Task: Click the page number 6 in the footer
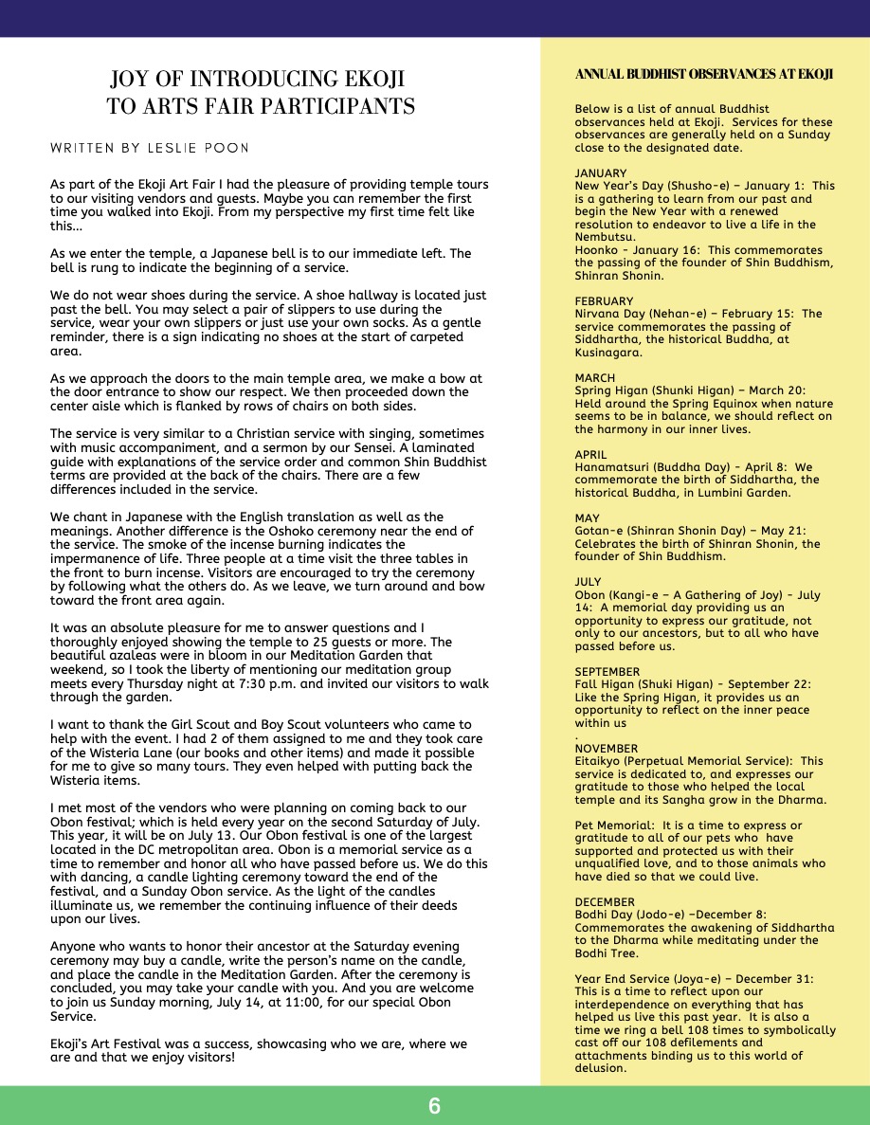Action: point(434,1106)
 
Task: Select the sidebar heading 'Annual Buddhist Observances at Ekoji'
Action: point(703,75)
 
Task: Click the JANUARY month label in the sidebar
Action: point(601,173)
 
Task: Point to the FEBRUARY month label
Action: point(605,301)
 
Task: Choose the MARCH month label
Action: point(594,378)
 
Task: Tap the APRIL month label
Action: point(590,455)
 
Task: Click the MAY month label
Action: point(587,518)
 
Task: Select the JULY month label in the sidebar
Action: point(589,582)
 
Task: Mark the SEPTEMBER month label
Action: point(607,671)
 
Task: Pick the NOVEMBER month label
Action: point(606,748)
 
